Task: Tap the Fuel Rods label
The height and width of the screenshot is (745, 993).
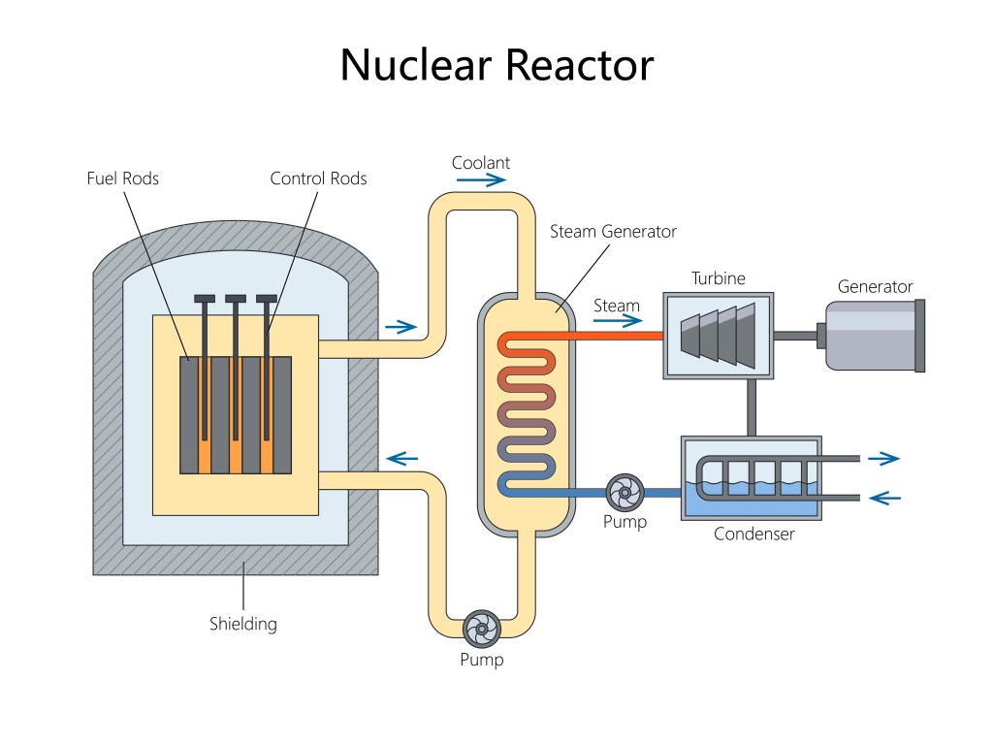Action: click(x=123, y=178)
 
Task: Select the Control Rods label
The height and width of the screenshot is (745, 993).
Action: click(x=318, y=178)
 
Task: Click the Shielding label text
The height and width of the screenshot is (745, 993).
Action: click(x=243, y=624)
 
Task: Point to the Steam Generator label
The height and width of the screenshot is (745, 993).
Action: click(x=613, y=232)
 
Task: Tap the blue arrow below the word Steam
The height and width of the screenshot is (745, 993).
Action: click(x=618, y=322)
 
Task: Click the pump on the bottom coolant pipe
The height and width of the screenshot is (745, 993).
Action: click(x=481, y=631)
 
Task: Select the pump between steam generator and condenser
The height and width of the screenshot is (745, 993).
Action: click(x=625, y=493)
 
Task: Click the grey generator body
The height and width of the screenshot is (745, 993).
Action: click(x=870, y=336)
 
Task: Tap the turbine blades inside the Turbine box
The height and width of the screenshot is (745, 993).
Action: click(x=719, y=336)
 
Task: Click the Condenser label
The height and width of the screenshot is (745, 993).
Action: click(x=753, y=534)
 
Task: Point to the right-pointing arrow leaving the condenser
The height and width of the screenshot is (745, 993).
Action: click(x=883, y=459)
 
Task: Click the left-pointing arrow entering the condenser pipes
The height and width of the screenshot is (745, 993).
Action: click(x=884, y=498)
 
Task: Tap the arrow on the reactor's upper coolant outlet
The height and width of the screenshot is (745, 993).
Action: click(x=400, y=327)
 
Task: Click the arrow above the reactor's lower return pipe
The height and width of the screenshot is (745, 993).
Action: click(x=400, y=458)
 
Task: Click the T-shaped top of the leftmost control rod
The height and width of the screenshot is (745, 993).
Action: click(x=205, y=298)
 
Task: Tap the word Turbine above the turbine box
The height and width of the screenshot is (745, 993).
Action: click(x=718, y=279)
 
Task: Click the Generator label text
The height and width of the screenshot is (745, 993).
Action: click(x=875, y=287)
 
